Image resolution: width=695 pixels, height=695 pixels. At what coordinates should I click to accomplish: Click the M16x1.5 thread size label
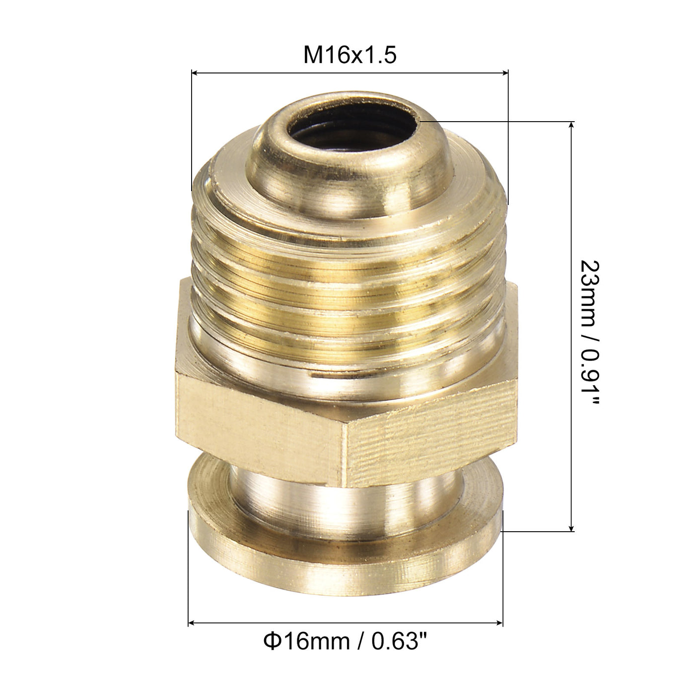click(350, 55)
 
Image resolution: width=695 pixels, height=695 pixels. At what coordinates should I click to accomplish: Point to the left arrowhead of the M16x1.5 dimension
click(195, 73)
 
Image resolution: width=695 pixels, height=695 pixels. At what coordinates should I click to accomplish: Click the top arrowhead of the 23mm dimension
click(572, 124)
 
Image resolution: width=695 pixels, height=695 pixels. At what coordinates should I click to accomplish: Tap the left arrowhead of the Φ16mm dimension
click(192, 622)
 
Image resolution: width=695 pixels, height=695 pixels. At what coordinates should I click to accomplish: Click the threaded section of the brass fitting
click(347, 278)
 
